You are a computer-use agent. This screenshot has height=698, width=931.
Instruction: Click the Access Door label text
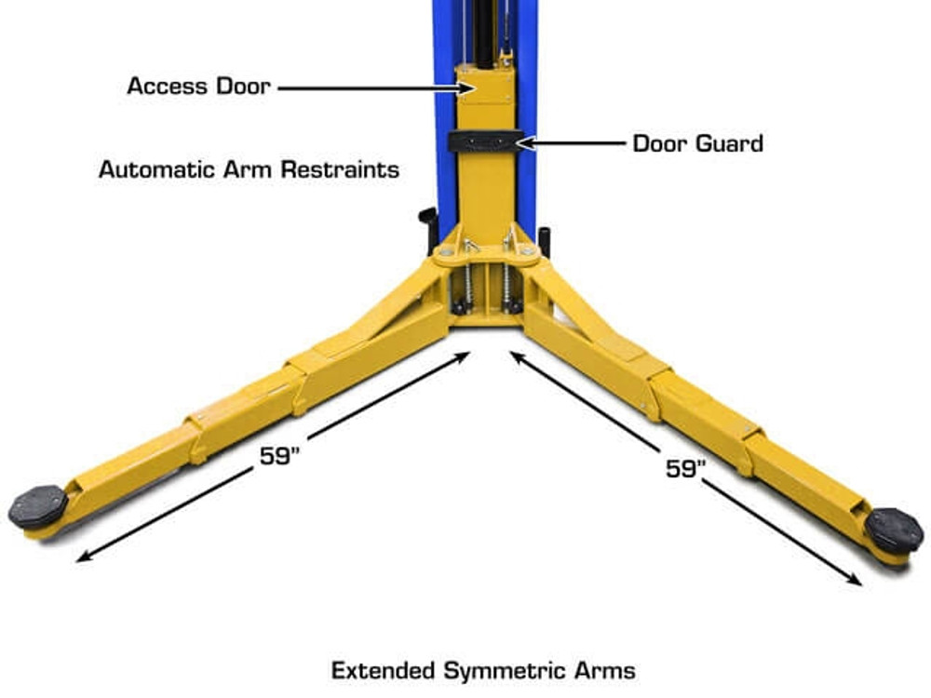coord(198,87)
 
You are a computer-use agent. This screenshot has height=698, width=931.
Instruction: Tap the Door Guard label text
coord(697,143)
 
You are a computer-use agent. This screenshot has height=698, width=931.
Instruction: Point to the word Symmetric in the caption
coord(500,670)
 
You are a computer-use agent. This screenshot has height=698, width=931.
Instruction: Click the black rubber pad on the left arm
coord(38,506)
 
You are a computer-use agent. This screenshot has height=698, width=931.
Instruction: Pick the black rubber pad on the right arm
coord(893,530)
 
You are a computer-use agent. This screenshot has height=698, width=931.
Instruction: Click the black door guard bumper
coord(481,141)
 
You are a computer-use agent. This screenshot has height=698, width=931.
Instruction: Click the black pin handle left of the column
coord(428,224)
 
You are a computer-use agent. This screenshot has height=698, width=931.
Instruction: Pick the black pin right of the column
coord(544,239)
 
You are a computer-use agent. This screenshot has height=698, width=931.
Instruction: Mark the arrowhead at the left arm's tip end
coord(82,558)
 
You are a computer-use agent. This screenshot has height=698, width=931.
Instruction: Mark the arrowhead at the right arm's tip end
coord(857,581)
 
